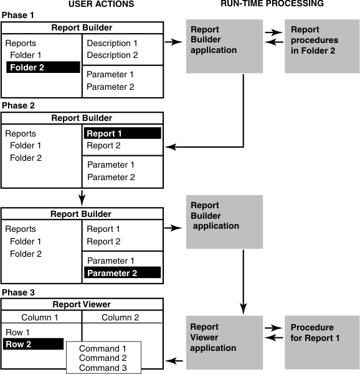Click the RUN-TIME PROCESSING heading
point(272,4)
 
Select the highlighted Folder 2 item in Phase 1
point(43,67)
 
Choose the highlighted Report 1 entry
point(122,133)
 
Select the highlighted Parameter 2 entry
point(122,272)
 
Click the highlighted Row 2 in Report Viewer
point(34,344)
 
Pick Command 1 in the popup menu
point(103,348)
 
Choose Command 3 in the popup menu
point(103,367)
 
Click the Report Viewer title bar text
point(82,305)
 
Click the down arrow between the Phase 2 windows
point(82,199)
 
